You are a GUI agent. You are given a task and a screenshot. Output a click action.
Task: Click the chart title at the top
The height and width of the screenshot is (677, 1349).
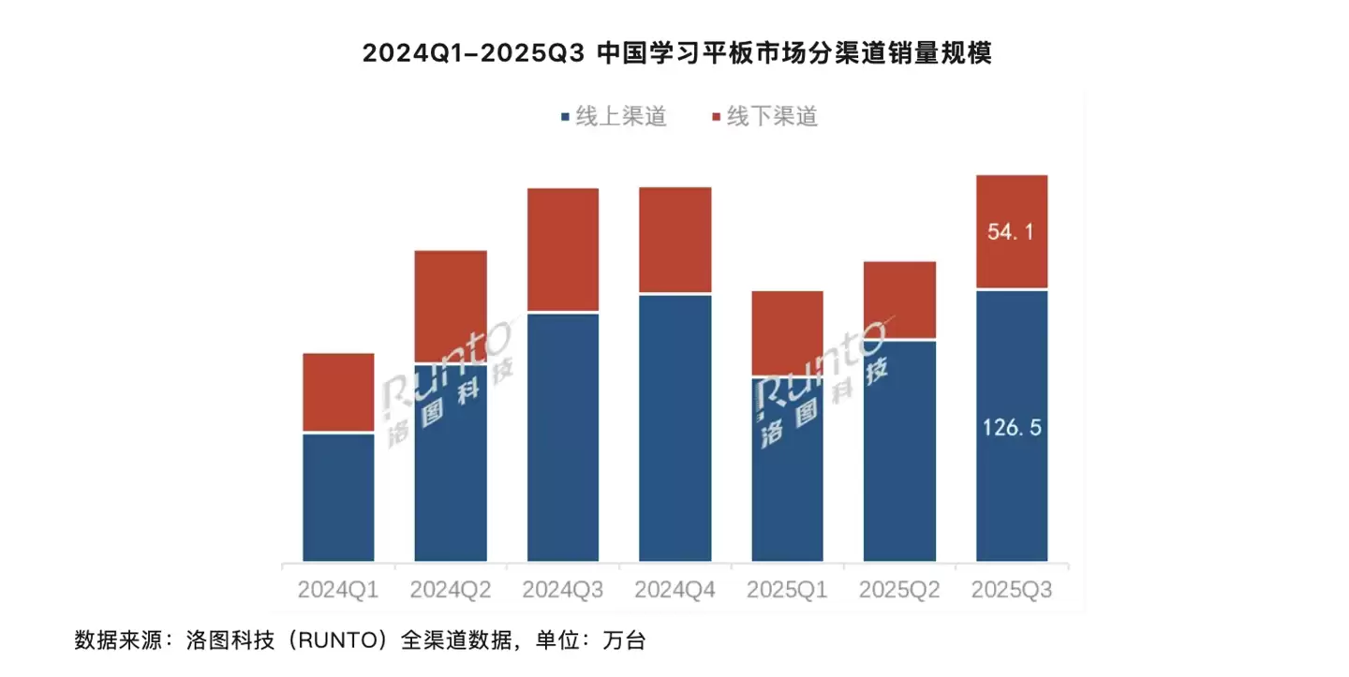pyautogui.click(x=676, y=53)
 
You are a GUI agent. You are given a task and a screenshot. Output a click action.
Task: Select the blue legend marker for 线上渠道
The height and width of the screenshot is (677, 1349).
pyautogui.click(x=564, y=117)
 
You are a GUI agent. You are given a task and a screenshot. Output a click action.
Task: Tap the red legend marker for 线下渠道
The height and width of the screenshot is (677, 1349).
pyautogui.click(x=718, y=117)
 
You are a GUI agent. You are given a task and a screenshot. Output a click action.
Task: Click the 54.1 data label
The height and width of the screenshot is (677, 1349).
pyautogui.click(x=1011, y=232)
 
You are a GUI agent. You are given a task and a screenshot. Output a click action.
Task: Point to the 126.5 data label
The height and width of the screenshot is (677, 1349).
pyautogui.click(x=1011, y=428)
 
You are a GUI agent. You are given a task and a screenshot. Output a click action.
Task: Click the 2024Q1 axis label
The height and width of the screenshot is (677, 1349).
pyautogui.click(x=338, y=591)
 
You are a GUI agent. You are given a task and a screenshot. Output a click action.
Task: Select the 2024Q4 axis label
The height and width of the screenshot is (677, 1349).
pyautogui.click(x=674, y=591)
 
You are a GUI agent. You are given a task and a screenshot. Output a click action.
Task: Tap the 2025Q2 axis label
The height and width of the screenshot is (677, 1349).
pyautogui.click(x=899, y=591)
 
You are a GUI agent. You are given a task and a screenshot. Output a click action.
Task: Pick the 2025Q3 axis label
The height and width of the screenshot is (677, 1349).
pyautogui.click(x=1012, y=591)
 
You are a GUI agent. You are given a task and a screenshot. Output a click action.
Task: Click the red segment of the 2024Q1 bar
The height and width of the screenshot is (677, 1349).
pyautogui.click(x=338, y=392)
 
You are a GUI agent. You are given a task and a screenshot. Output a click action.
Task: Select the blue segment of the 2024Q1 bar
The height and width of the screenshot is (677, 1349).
pyautogui.click(x=338, y=497)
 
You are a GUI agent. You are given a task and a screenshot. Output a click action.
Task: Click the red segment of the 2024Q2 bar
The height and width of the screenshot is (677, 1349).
pyautogui.click(x=451, y=305)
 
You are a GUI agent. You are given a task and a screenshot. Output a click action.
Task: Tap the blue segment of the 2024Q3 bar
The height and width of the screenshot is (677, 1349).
pyautogui.click(x=563, y=436)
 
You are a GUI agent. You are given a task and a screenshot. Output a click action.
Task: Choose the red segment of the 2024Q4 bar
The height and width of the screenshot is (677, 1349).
pyautogui.click(x=674, y=240)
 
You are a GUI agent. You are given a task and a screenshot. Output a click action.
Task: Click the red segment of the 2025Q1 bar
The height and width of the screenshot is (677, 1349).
pyautogui.click(x=787, y=332)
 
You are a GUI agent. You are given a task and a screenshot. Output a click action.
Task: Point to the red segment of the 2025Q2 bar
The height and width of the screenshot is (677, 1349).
pyautogui.click(x=899, y=300)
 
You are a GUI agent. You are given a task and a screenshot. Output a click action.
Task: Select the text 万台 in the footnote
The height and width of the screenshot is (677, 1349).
pyautogui.click(x=625, y=641)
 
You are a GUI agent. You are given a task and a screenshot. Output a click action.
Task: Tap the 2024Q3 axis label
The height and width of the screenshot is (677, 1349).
pyautogui.click(x=563, y=591)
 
